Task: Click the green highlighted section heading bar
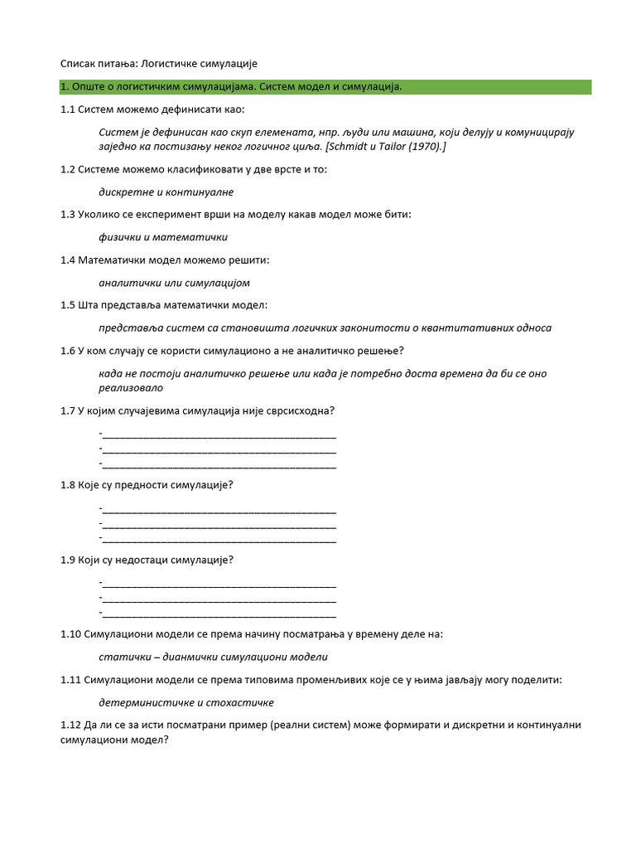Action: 325,87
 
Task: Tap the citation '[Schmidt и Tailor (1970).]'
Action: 387,147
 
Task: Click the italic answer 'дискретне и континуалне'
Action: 166,192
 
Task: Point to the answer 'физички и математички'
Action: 163,237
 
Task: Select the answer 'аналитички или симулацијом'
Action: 174,283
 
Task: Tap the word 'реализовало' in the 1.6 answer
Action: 131,387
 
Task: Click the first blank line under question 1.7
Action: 219,434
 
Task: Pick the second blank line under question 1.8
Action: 219,524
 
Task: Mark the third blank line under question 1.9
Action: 219,614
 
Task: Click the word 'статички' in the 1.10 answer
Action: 122,657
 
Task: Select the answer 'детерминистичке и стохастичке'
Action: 185,702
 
